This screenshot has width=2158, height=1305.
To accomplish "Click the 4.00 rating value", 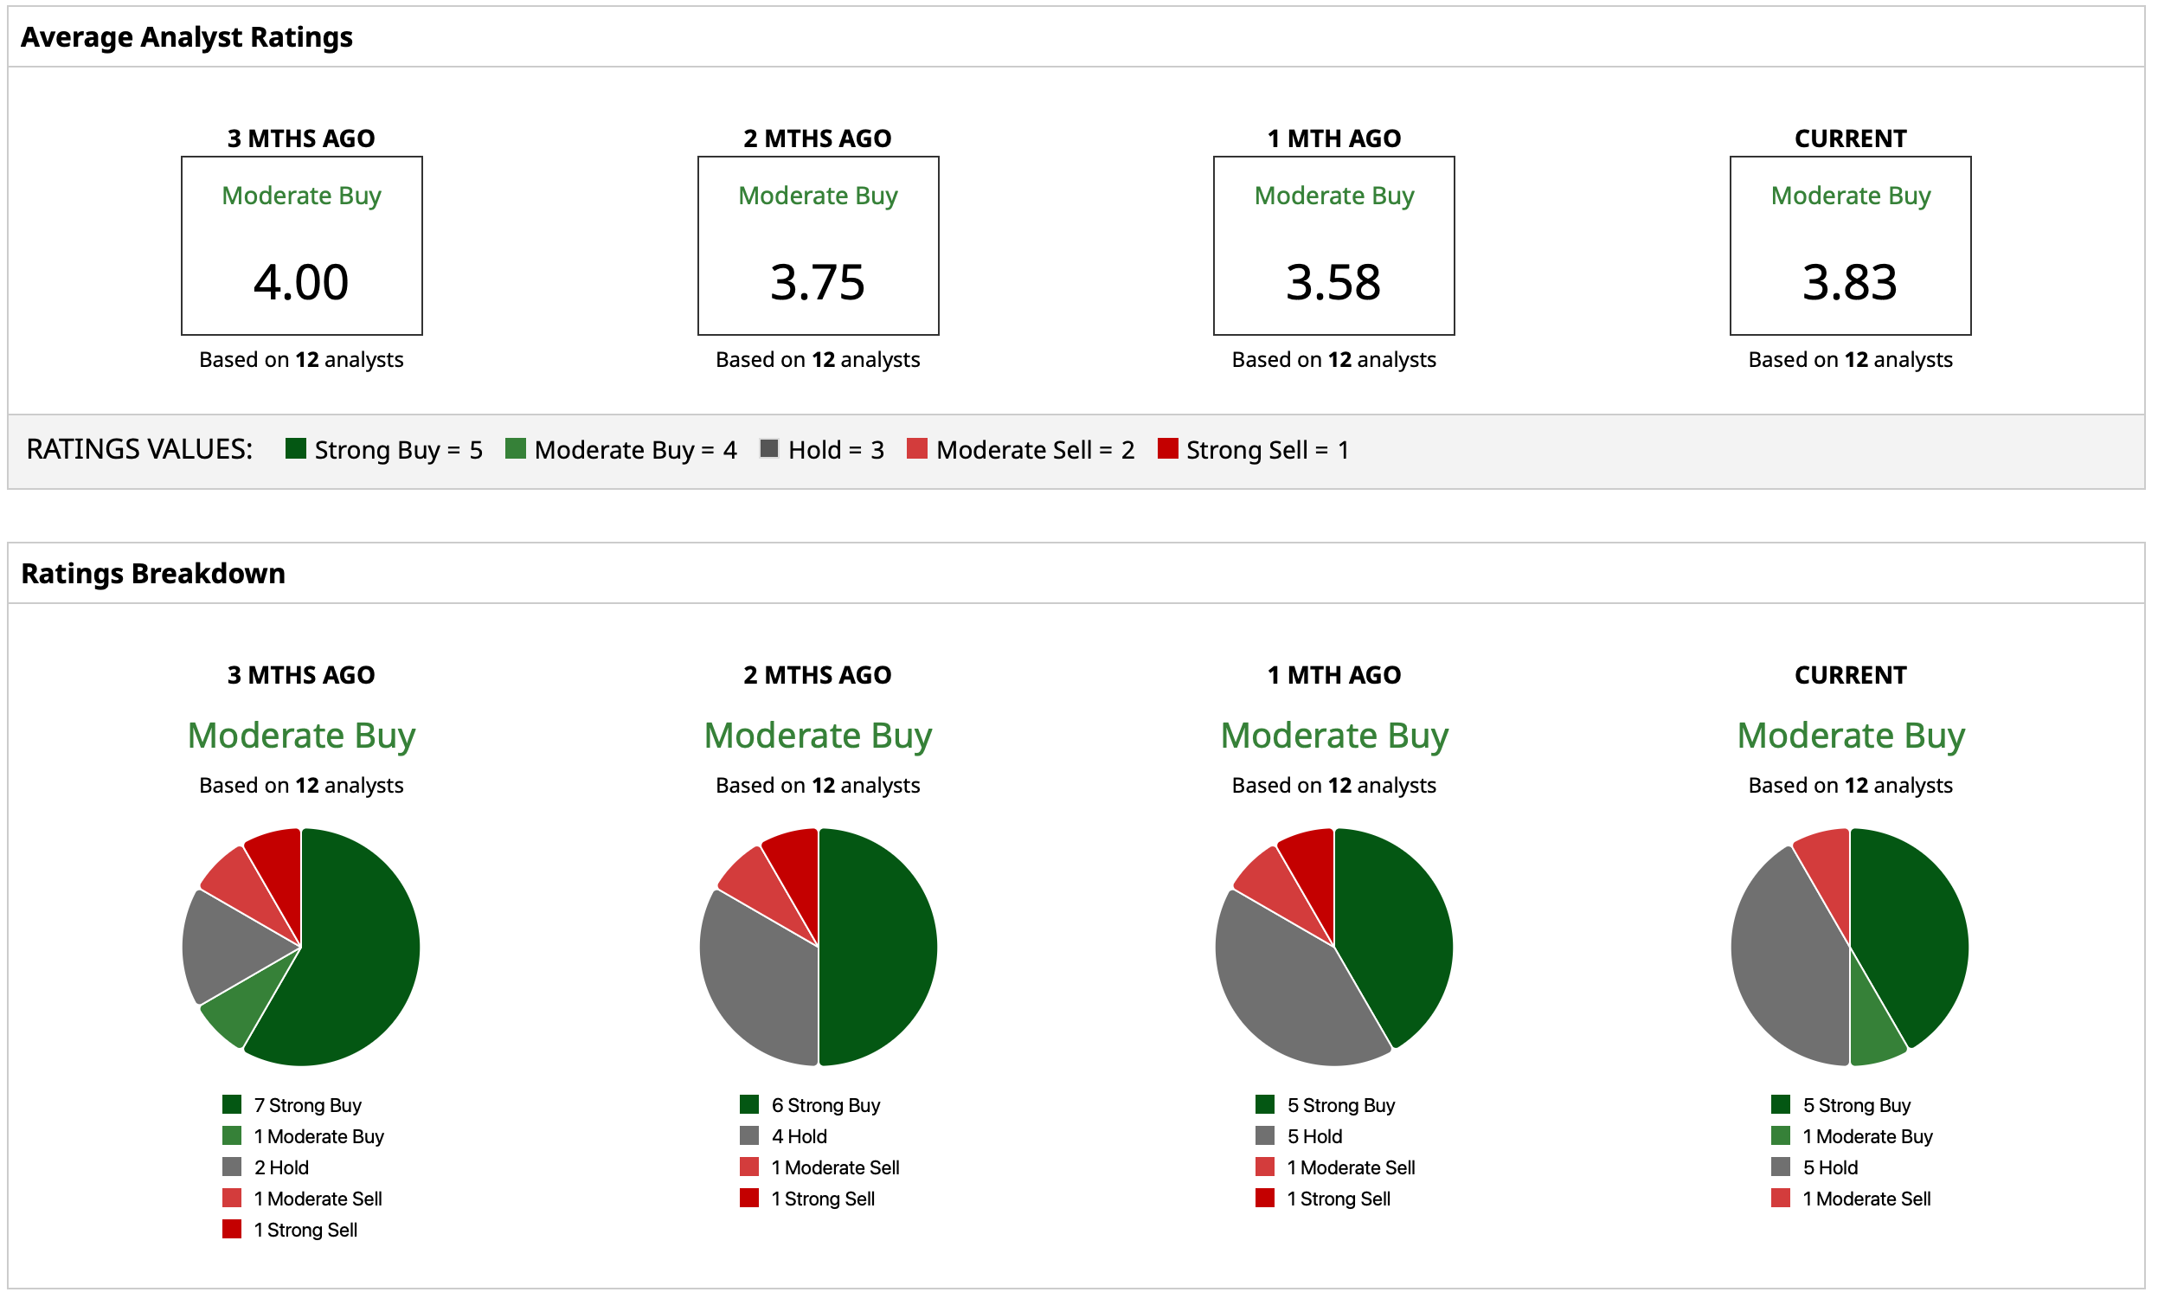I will click(x=301, y=282).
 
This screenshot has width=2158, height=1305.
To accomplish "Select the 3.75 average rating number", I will click(x=817, y=282).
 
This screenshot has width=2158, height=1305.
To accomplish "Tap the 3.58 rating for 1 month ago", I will click(x=1333, y=282).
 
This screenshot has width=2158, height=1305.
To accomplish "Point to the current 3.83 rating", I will click(x=1850, y=282).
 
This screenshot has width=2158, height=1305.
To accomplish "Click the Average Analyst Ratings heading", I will click(x=187, y=37).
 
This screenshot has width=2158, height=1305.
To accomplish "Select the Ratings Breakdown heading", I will click(x=153, y=573).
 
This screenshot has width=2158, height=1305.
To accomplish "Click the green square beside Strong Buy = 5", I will click(x=296, y=448).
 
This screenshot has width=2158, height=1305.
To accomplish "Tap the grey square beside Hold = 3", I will click(x=769, y=448).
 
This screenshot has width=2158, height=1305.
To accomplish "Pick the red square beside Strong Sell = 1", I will click(x=1167, y=448).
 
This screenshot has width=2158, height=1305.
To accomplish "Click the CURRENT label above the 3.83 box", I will click(x=1850, y=138).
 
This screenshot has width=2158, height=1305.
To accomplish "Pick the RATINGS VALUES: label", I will click(x=139, y=449).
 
